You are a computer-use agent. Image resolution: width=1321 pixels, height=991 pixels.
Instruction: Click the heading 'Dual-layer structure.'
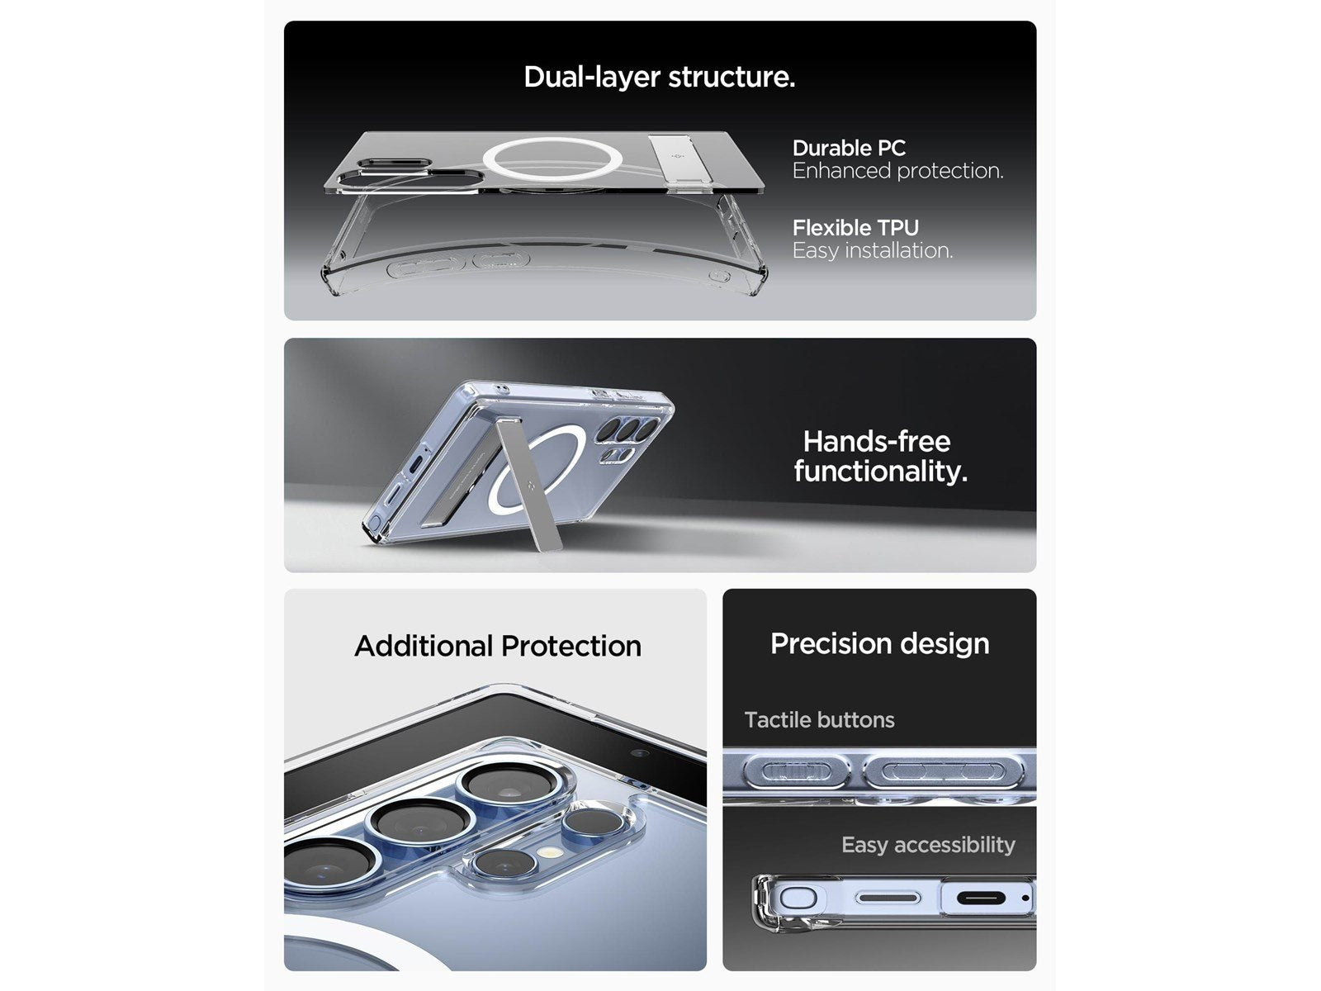[659, 78]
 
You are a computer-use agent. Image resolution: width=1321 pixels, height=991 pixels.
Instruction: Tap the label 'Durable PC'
[849, 148]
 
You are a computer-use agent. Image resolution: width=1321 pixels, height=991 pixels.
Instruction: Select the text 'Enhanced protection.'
[898, 171]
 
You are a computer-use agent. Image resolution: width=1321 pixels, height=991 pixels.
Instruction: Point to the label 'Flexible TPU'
[855, 227]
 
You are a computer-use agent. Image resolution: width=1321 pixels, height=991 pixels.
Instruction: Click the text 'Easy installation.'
[873, 250]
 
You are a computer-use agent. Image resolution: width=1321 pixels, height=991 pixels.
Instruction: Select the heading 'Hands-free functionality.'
[880, 456]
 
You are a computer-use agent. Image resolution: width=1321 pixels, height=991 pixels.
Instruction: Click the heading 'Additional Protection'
[498, 647]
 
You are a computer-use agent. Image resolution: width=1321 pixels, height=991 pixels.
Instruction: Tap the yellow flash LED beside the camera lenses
[547, 852]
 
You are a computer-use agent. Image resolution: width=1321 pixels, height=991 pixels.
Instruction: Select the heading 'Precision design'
[879, 643]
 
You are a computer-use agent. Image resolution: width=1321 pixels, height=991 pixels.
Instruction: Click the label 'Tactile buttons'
[819, 719]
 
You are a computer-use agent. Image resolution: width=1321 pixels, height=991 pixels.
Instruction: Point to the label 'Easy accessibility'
[928, 845]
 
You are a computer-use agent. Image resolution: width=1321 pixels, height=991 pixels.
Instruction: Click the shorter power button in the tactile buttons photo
[797, 771]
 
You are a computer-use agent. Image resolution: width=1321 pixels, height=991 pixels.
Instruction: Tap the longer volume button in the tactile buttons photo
[943, 771]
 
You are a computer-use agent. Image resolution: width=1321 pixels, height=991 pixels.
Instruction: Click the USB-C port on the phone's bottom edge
[981, 899]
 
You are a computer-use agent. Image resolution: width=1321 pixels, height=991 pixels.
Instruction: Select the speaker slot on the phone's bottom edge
[888, 899]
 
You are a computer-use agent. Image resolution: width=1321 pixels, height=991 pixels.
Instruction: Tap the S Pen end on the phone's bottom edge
[798, 899]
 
